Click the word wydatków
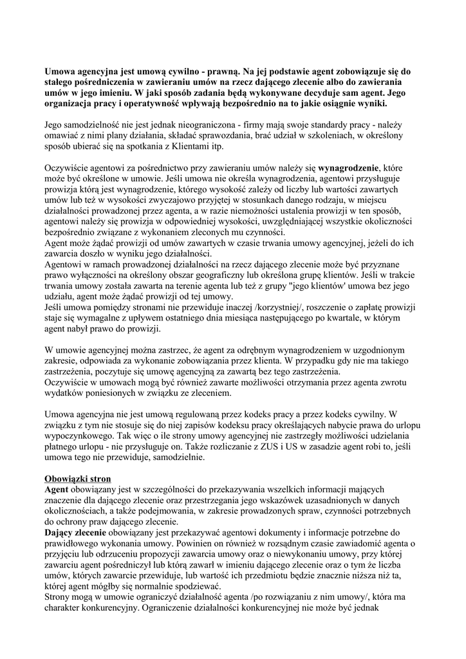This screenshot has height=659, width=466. [63, 393]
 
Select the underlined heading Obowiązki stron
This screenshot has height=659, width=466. [78, 479]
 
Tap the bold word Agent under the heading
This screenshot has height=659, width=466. [57, 490]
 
